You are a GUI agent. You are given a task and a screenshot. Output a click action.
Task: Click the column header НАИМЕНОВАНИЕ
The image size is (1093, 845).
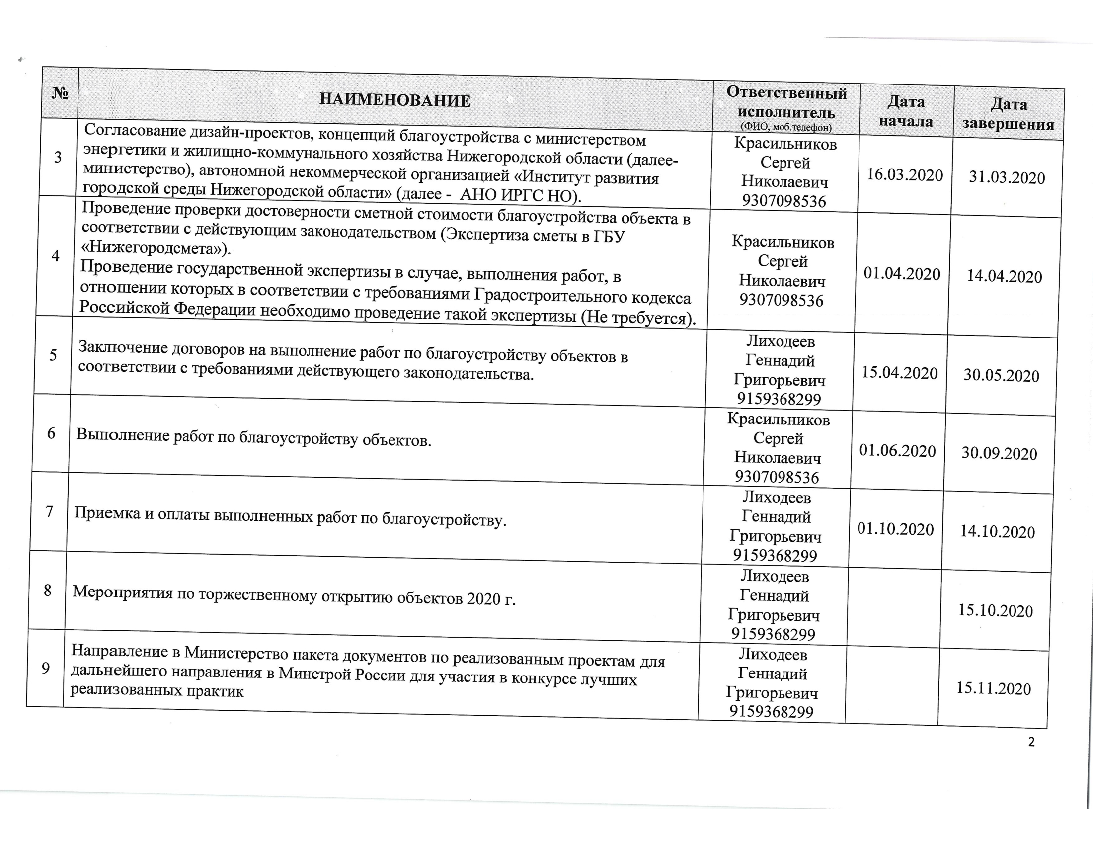(x=395, y=100)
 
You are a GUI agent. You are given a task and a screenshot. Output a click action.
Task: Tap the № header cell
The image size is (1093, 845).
(x=60, y=93)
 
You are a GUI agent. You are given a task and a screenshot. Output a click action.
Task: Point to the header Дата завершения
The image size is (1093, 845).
(x=1008, y=114)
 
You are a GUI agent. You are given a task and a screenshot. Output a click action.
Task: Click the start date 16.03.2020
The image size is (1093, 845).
(x=905, y=174)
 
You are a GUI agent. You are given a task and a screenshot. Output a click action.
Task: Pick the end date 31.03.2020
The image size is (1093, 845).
(x=1007, y=178)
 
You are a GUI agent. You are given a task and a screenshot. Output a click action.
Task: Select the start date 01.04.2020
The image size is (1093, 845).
(x=902, y=274)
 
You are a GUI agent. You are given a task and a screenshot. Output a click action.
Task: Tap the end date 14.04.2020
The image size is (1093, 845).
(x=1004, y=276)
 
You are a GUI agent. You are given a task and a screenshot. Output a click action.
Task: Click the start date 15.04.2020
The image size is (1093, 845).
(x=899, y=373)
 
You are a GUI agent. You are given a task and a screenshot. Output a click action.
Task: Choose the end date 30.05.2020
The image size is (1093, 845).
(x=1002, y=375)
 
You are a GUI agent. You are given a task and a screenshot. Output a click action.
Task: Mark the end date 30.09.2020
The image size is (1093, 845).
(x=999, y=453)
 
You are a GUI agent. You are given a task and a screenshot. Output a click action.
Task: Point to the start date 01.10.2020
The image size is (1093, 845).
(x=895, y=529)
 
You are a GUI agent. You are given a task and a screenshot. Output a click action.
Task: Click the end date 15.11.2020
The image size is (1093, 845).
(x=994, y=689)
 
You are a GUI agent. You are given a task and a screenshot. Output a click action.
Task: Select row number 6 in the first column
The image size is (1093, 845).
(x=51, y=433)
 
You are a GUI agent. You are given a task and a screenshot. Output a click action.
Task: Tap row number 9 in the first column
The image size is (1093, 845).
(x=46, y=668)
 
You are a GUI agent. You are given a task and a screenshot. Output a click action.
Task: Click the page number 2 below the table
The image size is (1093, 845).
(x=1031, y=742)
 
